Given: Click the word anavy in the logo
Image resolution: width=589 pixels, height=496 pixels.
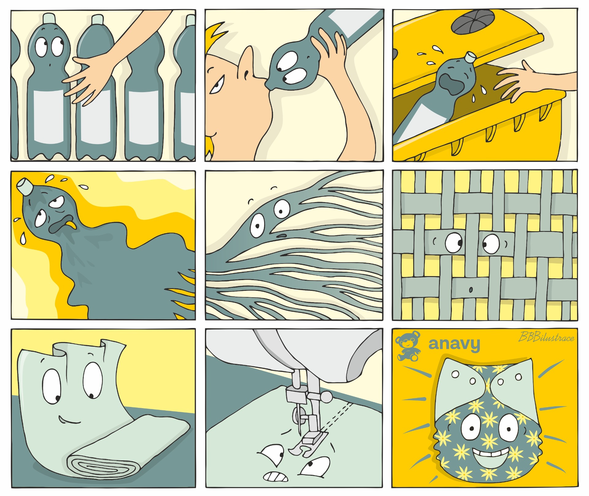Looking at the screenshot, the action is [x=454, y=344].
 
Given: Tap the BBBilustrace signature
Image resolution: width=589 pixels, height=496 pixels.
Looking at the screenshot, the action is [x=546, y=337].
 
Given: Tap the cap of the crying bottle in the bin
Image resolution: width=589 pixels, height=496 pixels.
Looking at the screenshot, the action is [x=470, y=57].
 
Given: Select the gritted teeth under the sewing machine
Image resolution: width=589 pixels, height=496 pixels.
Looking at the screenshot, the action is [x=276, y=476].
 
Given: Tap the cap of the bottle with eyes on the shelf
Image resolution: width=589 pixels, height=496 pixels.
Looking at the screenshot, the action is [x=49, y=18].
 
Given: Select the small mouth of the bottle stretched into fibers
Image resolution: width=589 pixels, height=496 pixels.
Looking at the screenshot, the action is [x=282, y=236].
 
